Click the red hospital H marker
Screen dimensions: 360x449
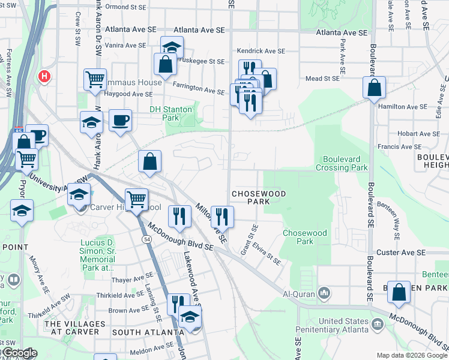click(44, 76)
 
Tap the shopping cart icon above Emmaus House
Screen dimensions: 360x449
click(95, 79)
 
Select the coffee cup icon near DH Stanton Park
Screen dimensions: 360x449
click(120, 119)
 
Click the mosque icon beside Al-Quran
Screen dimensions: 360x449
click(324, 293)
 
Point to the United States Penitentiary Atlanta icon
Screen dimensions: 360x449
click(378, 325)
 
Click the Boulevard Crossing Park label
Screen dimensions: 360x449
click(345, 164)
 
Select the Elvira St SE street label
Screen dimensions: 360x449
click(267, 253)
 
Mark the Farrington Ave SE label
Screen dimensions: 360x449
click(198, 89)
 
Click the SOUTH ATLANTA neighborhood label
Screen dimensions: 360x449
click(147, 332)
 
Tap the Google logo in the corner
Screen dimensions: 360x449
click(19, 353)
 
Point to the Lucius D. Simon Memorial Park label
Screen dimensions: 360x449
click(97, 256)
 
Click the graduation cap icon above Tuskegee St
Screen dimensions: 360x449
click(172, 47)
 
